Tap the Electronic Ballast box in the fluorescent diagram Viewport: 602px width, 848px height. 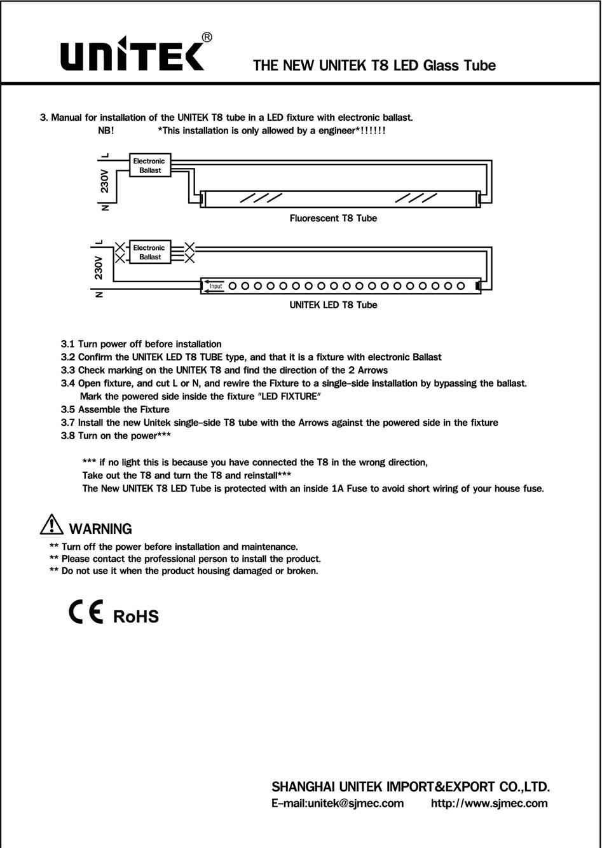149,166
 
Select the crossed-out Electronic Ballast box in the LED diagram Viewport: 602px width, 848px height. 149,252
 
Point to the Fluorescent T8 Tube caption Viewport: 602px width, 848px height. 332,218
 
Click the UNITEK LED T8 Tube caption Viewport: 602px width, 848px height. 332,304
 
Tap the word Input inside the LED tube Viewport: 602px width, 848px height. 215,286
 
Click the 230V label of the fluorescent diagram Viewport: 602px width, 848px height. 105,181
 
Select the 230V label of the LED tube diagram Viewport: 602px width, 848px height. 99,268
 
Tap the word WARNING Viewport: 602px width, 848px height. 100,529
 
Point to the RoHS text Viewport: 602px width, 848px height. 135,616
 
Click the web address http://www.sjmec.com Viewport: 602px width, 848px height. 489,803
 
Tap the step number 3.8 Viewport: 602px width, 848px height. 68,435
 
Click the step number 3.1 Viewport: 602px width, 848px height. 68,344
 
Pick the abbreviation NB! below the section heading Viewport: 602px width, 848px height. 106,130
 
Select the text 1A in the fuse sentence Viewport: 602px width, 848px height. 338,489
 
